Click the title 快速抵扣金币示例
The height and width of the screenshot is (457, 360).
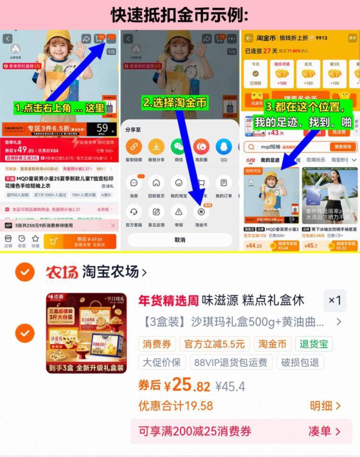point(180,14)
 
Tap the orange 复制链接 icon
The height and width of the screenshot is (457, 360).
point(134,146)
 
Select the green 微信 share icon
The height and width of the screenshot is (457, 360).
point(179,146)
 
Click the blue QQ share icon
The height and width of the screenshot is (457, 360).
point(224,146)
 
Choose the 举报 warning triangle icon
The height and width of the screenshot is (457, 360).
point(179,211)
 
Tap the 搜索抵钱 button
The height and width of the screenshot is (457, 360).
point(342,146)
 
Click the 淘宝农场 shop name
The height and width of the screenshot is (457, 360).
point(110,272)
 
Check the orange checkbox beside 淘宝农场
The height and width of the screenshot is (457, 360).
point(24,272)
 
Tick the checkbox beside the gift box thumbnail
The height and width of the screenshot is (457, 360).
point(24,333)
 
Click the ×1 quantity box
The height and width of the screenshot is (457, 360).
point(335,301)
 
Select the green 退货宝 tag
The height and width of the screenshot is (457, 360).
point(314,344)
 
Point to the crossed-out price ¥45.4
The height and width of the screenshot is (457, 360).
point(230,386)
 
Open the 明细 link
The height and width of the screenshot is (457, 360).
point(324,406)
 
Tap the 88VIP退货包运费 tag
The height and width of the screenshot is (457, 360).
point(231,362)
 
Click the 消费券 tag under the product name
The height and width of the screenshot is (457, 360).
point(156,344)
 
